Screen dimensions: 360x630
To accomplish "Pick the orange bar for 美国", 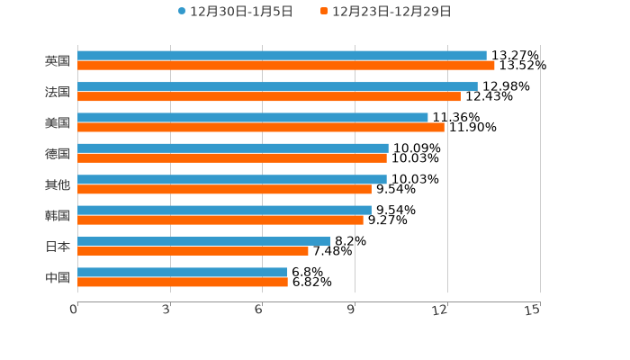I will (261, 127).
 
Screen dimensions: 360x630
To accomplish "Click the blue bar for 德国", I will (233, 148).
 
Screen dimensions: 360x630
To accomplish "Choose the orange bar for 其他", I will (224, 189).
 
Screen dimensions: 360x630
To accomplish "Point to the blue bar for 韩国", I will (224, 211).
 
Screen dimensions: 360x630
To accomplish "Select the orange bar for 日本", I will (193, 251).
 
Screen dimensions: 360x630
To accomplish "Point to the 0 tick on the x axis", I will (74, 310).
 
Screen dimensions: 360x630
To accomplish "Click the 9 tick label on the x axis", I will (353, 310).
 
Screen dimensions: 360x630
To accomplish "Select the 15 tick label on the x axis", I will (533, 310).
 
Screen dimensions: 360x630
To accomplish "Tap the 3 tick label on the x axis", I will (166, 310).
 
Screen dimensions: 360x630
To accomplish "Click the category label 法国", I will (58, 92).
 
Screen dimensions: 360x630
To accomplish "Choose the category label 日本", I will (58, 247).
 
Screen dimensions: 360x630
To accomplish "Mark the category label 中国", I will (58, 277).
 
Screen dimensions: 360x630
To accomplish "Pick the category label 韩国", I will (58, 215).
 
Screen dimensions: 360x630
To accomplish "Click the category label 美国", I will (58, 122).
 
